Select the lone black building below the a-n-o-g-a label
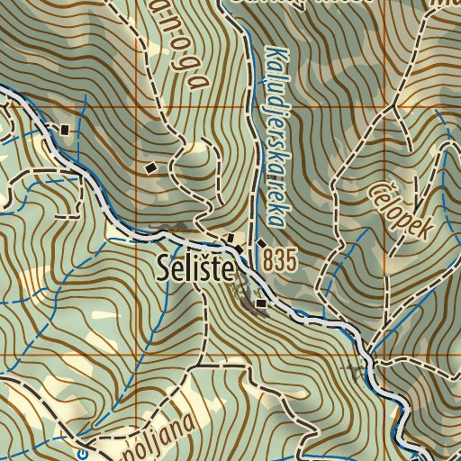[x=150, y=167]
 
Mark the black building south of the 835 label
[x=262, y=304]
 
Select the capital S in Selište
[x=163, y=268]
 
